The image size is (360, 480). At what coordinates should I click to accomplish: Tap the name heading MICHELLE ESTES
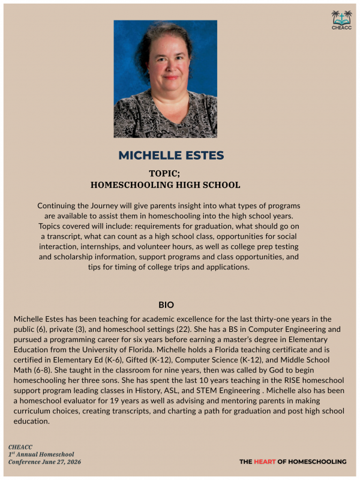[x=171, y=155]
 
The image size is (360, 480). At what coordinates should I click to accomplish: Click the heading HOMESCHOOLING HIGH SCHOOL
[x=165, y=185]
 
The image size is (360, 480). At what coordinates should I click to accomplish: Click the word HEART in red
[x=265, y=461]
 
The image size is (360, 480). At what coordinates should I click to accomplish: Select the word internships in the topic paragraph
[x=97, y=246]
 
